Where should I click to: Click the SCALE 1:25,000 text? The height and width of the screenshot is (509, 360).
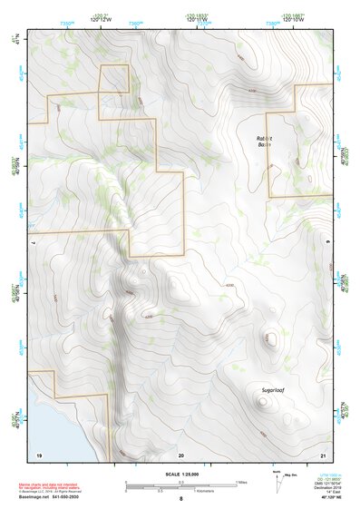point(180,474)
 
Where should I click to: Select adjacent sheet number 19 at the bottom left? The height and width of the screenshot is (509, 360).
point(38,454)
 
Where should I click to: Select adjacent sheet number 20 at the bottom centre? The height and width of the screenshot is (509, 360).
point(180,454)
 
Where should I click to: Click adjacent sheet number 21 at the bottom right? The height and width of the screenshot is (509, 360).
point(323,454)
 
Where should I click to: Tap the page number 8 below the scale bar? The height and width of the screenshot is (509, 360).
point(180,499)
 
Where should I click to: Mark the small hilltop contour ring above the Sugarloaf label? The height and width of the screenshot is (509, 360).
point(269,340)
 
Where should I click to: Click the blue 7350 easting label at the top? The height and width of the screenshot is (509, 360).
point(66,21)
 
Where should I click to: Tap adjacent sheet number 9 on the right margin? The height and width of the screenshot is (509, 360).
point(328,243)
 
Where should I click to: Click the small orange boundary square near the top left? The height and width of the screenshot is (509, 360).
point(114,79)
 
